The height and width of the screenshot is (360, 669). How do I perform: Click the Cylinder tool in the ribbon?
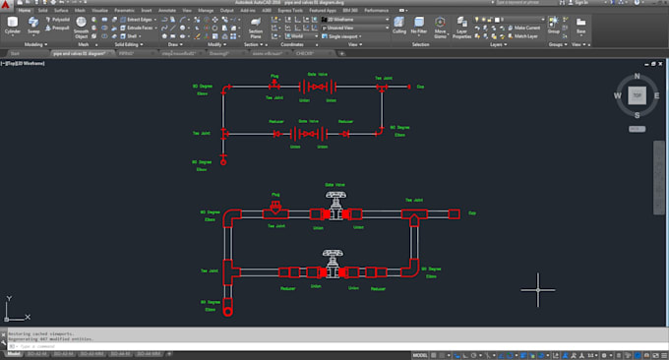(x=12, y=24)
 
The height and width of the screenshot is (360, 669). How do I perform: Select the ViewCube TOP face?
(x=637, y=95)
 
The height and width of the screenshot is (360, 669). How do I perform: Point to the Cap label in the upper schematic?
(x=421, y=88)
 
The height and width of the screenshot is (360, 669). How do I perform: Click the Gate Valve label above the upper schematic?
(x=318, y=73)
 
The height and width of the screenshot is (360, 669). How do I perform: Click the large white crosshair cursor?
(x=538, y=288)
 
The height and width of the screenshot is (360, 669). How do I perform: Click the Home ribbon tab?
(x=25, y=9)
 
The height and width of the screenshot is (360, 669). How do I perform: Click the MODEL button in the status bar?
(x=419, y=353)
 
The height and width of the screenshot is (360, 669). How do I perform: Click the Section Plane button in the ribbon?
(x=254, y=27)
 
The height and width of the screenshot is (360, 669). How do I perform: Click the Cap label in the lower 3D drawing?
(x=471, y=212)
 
